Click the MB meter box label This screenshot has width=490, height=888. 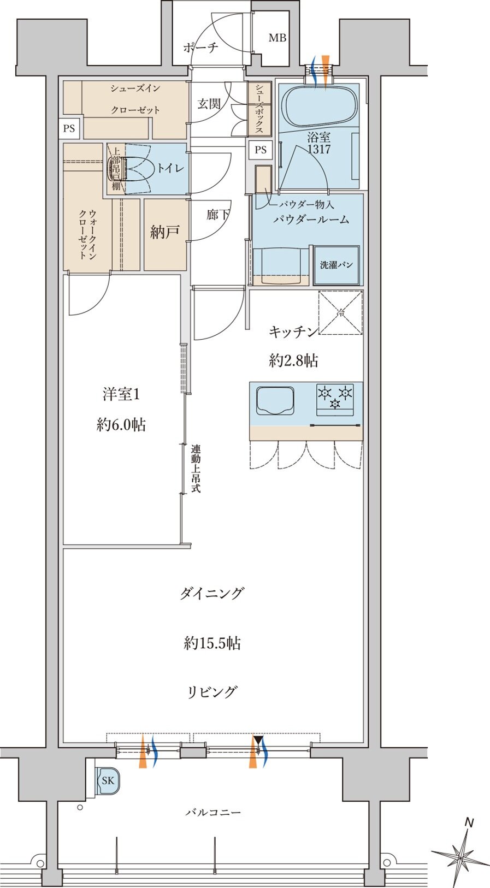(277, 38)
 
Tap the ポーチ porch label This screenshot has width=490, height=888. (200, 48)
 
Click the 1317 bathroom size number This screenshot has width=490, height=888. (318, 149)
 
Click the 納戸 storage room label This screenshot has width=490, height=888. (165, 233)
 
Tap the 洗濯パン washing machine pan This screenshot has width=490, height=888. (336, 265)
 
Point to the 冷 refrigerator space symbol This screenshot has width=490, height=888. (340, 313)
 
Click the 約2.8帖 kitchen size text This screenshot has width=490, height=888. (293, 360)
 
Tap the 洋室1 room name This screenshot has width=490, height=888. (121, 394)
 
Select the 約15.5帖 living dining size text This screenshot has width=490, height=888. (212, 643)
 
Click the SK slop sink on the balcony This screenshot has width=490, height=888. (108, 780)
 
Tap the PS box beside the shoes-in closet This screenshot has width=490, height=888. (69, 129)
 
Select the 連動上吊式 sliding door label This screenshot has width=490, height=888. (196, 469)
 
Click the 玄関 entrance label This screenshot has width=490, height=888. (209, 104)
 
